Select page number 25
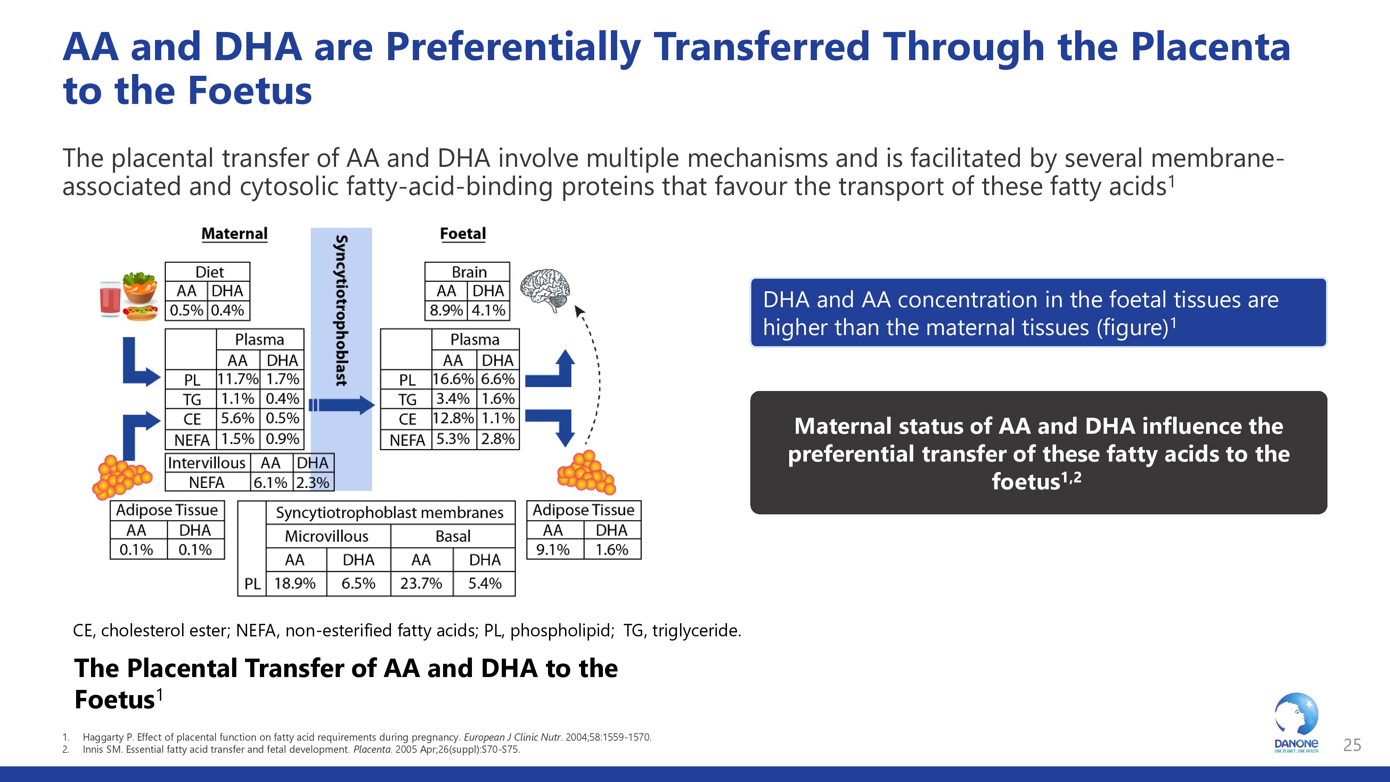[1352, 745]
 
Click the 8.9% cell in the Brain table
[446, 310]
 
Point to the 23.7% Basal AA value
[421, 584]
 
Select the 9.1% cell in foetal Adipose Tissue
[553, 550]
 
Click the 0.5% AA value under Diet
[186, 310]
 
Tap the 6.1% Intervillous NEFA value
[270, 482]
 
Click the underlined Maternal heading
[234, 234]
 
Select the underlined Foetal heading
[463, 234]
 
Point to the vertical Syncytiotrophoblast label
[341, 310]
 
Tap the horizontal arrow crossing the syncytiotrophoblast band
[343, 405]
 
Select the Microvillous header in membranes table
[326, 536]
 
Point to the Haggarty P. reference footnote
[367, 737]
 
